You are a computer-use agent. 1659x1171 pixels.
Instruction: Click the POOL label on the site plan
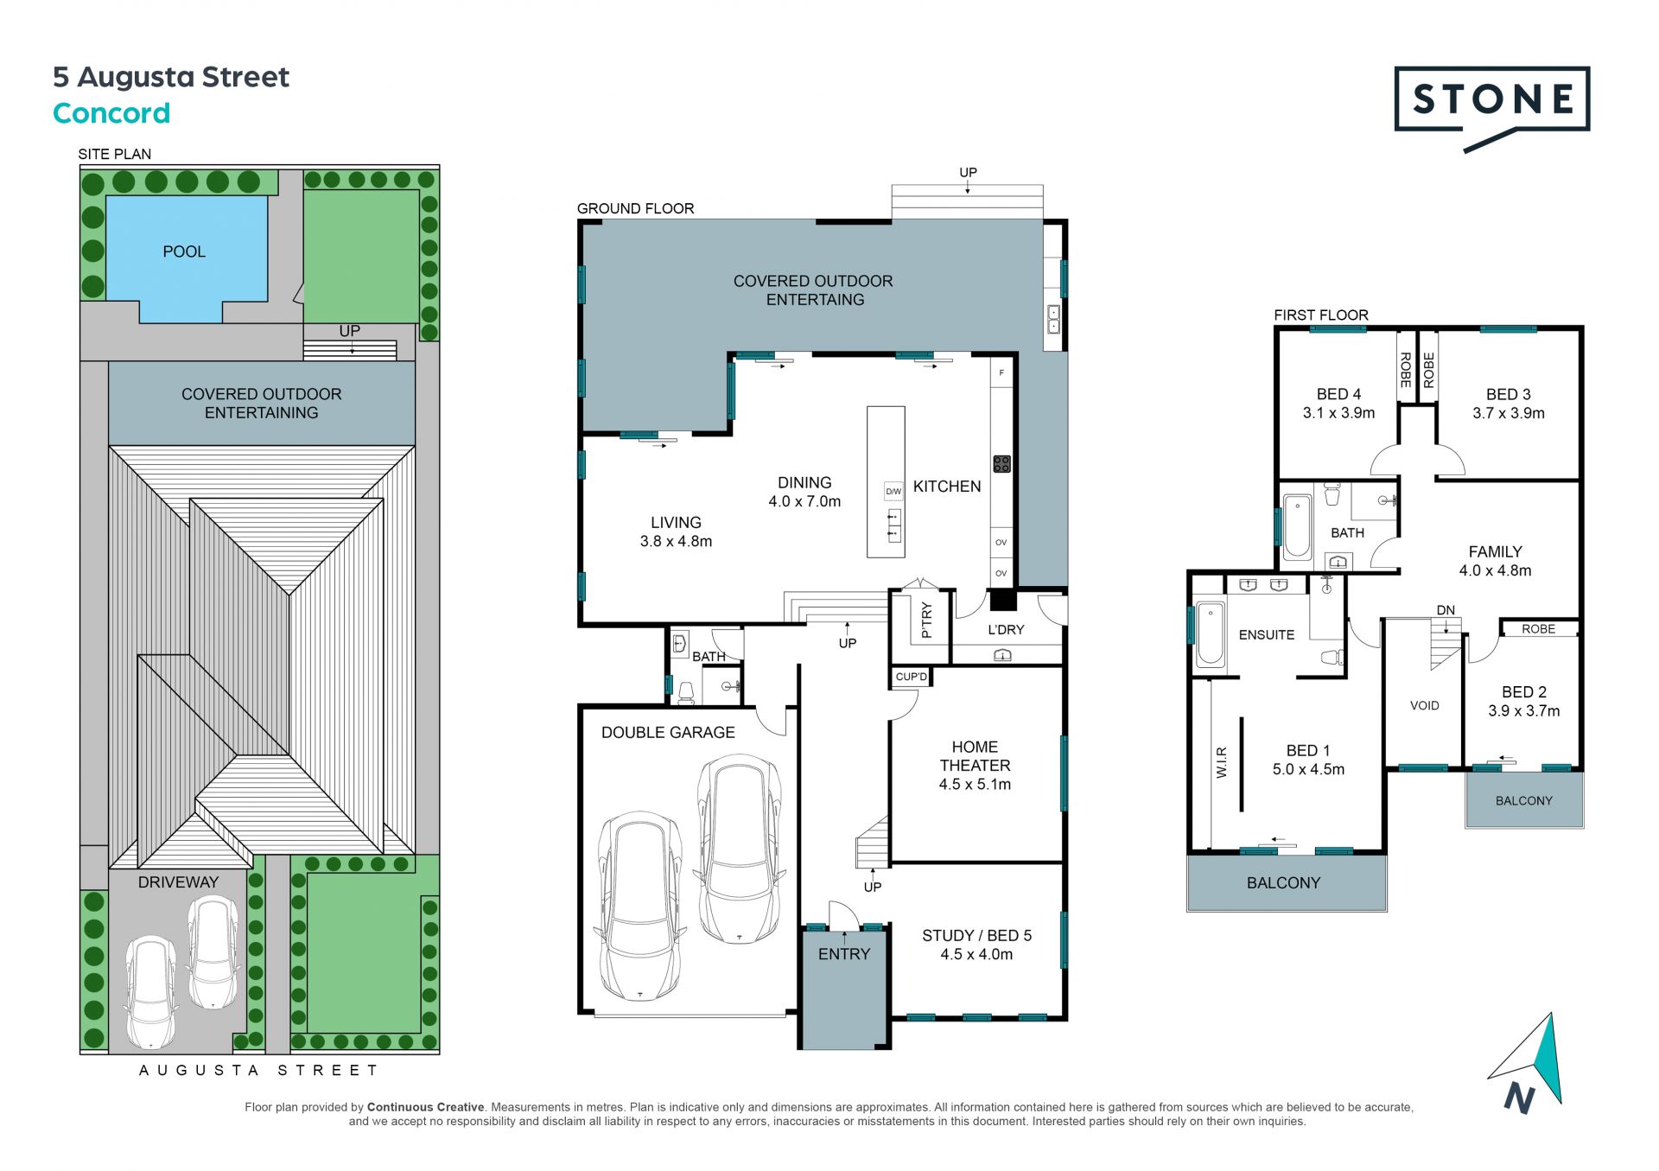pyautogui.click(x=184, y=251)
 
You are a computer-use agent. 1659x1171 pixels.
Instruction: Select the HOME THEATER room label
pyautogui.click(x=975, y=756)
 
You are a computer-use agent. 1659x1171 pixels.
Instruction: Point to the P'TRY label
pyautogui.click(x=926, y=620)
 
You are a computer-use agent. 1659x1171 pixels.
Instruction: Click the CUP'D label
pyautogui.click(x=911, y=677)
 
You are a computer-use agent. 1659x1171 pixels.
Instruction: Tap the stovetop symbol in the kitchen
pyautogui.click(x=1001, y=464)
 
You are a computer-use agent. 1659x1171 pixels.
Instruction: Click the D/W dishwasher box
pyautogui.click(x=893, y=492)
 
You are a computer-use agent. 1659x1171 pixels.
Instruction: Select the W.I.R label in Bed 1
pyautogui.click(x=1222, y=762)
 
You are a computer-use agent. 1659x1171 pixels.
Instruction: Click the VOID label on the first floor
pyautogui.click(x=1425, y=705)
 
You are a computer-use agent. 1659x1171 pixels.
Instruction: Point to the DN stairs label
pyautogui.click(x=1446, y=610)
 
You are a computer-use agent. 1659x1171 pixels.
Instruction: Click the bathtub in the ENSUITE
pyautogui.click(x=1211, y=636)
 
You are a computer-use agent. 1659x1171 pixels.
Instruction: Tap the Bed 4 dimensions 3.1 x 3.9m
pyautogui.click(x=1338, y=413)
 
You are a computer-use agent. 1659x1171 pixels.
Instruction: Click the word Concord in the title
pyautogui.click(x=111, y=113)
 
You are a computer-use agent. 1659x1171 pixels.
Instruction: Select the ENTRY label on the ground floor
pyautogui.click(x=844, y=954)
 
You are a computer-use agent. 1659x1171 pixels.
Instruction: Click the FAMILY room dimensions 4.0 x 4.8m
pyautogui.click(x=1495, y=570)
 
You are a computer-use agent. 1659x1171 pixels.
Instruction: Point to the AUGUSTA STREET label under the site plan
pyautogui.click(x=258, y=1070)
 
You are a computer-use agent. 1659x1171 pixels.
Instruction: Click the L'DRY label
pyautogui.click(x=1006, y=630)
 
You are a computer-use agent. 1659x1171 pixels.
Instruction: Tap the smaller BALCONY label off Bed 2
pyautogui.click(x=1524, y=801)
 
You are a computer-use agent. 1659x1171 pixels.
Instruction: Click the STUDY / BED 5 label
pyautogui.click(x=976, y=936)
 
